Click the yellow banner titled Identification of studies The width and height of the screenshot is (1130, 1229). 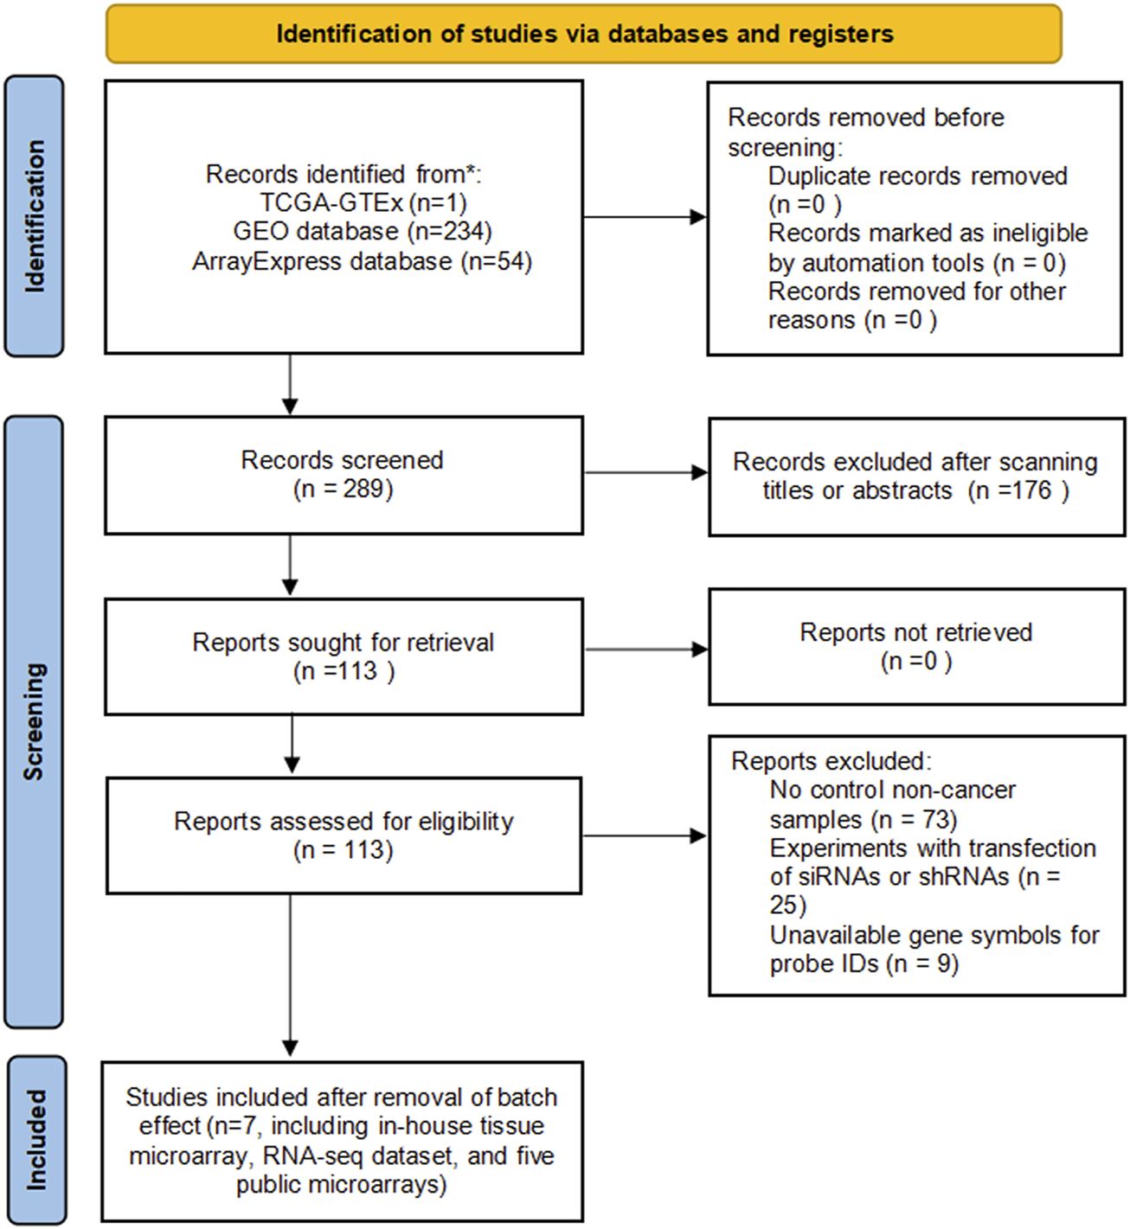(x=584, y=34)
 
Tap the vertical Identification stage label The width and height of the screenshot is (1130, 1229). (x=35, y=215)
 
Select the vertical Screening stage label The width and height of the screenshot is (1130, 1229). (x=34, y=721)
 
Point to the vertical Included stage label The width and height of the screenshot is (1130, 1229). (x=35, y=1140)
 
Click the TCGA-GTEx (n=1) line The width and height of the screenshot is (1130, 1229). (x=363, y=202)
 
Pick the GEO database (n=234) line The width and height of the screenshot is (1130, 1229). (x=363, y=232)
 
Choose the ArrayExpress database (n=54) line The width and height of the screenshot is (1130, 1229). (x=362, y=261)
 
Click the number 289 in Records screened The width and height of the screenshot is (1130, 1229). (x=363, y=489)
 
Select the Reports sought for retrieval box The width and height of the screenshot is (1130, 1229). (x=343, y=656)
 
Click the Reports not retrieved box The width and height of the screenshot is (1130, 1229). (x=917, y=646)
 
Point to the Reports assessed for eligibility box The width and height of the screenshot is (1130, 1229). (x=343, y=835)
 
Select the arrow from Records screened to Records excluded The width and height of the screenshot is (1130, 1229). (x=646, y=472)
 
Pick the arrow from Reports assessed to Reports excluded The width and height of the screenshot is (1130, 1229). (x=645, y=835)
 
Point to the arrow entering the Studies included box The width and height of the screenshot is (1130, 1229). (x=290, y=975)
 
